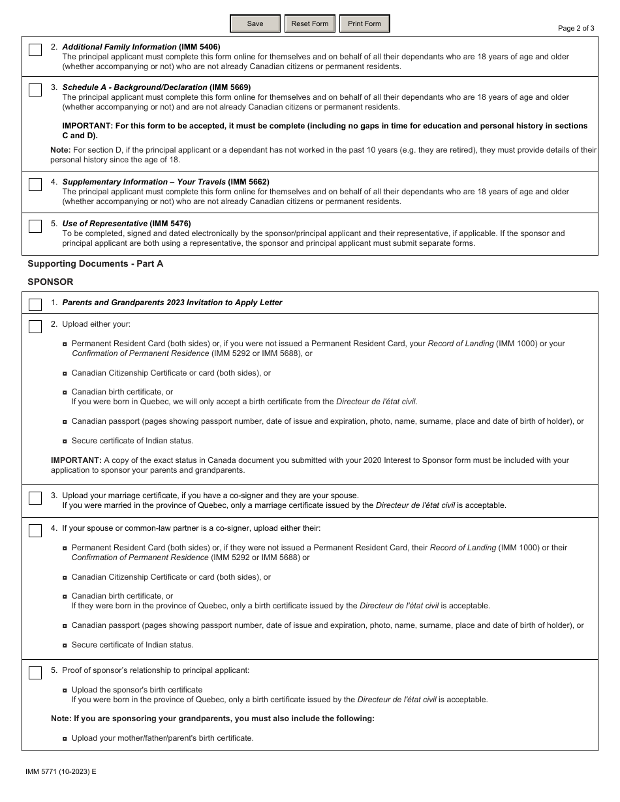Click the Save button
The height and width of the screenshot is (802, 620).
(255, 24)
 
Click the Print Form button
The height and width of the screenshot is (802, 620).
(364, 24)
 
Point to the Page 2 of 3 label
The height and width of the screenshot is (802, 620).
(576, 28)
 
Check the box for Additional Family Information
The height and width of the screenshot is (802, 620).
(35, 50)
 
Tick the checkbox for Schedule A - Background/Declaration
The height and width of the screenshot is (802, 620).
(35, 91)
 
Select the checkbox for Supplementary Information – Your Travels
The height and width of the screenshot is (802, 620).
(35, 185)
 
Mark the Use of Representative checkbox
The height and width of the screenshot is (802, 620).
(35, 227)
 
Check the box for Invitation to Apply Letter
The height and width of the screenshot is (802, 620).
(35, 305)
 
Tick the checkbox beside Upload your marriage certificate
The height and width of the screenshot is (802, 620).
(35, 498)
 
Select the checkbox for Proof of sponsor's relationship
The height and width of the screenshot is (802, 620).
(35, 673)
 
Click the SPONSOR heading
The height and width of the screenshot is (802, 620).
(50, 282)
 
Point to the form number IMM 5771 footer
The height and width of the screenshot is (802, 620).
(61, 771)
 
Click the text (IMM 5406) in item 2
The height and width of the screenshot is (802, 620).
(200, 47)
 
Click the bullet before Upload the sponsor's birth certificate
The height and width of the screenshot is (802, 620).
(65, 690)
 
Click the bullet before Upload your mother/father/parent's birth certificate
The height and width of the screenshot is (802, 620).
(65, 739)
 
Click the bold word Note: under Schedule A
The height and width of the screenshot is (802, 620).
(61, 150)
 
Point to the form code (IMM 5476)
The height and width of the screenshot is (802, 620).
(170, 224)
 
